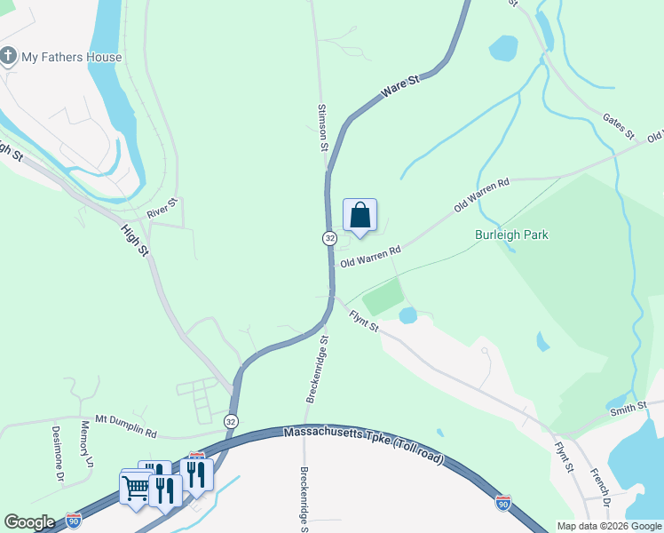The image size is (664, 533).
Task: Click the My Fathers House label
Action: tap(72, 57)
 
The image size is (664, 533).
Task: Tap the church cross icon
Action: tap(8, 57)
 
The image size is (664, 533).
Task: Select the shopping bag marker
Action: tap(360, 216)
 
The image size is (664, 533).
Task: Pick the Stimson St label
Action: tap(322, 130)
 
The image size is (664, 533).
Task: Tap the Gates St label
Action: tap(618, 127)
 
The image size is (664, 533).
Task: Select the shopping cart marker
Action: tap(135, 487)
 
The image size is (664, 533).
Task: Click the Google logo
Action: tap(29, 521)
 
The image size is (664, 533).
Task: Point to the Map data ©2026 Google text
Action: tap(609, 526)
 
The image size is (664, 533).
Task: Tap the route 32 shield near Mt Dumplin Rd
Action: tap(231, 420)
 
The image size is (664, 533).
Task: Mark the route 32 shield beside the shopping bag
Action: tap(329, 238)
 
